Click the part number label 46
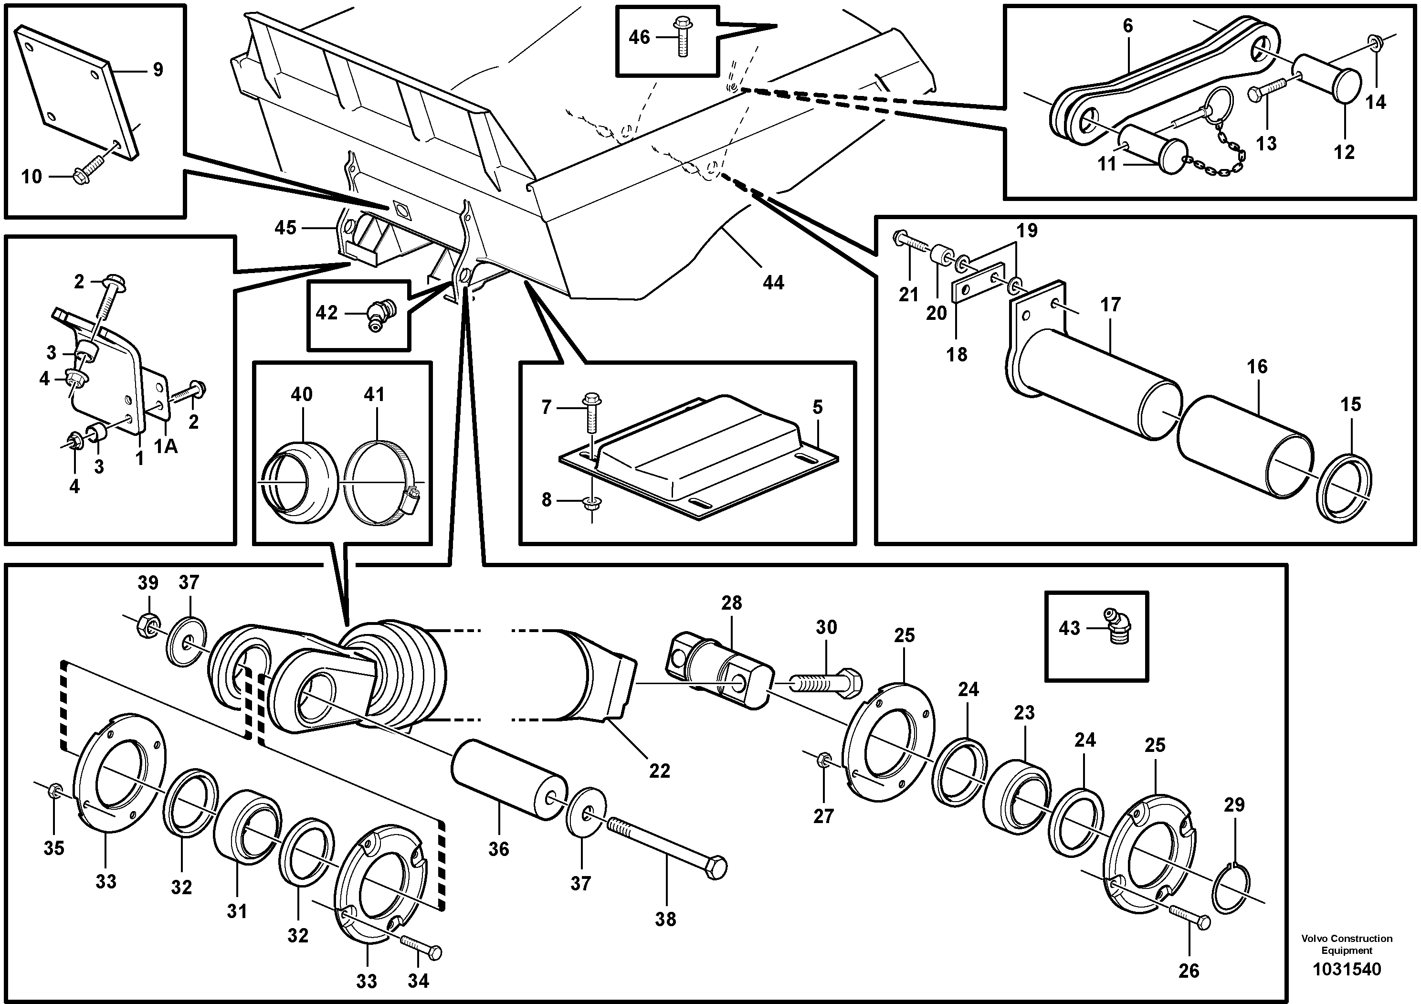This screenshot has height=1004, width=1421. pyautogui.click(x=639, y=38)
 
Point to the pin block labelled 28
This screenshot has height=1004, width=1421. pyautogui.click(x=720, y=668)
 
